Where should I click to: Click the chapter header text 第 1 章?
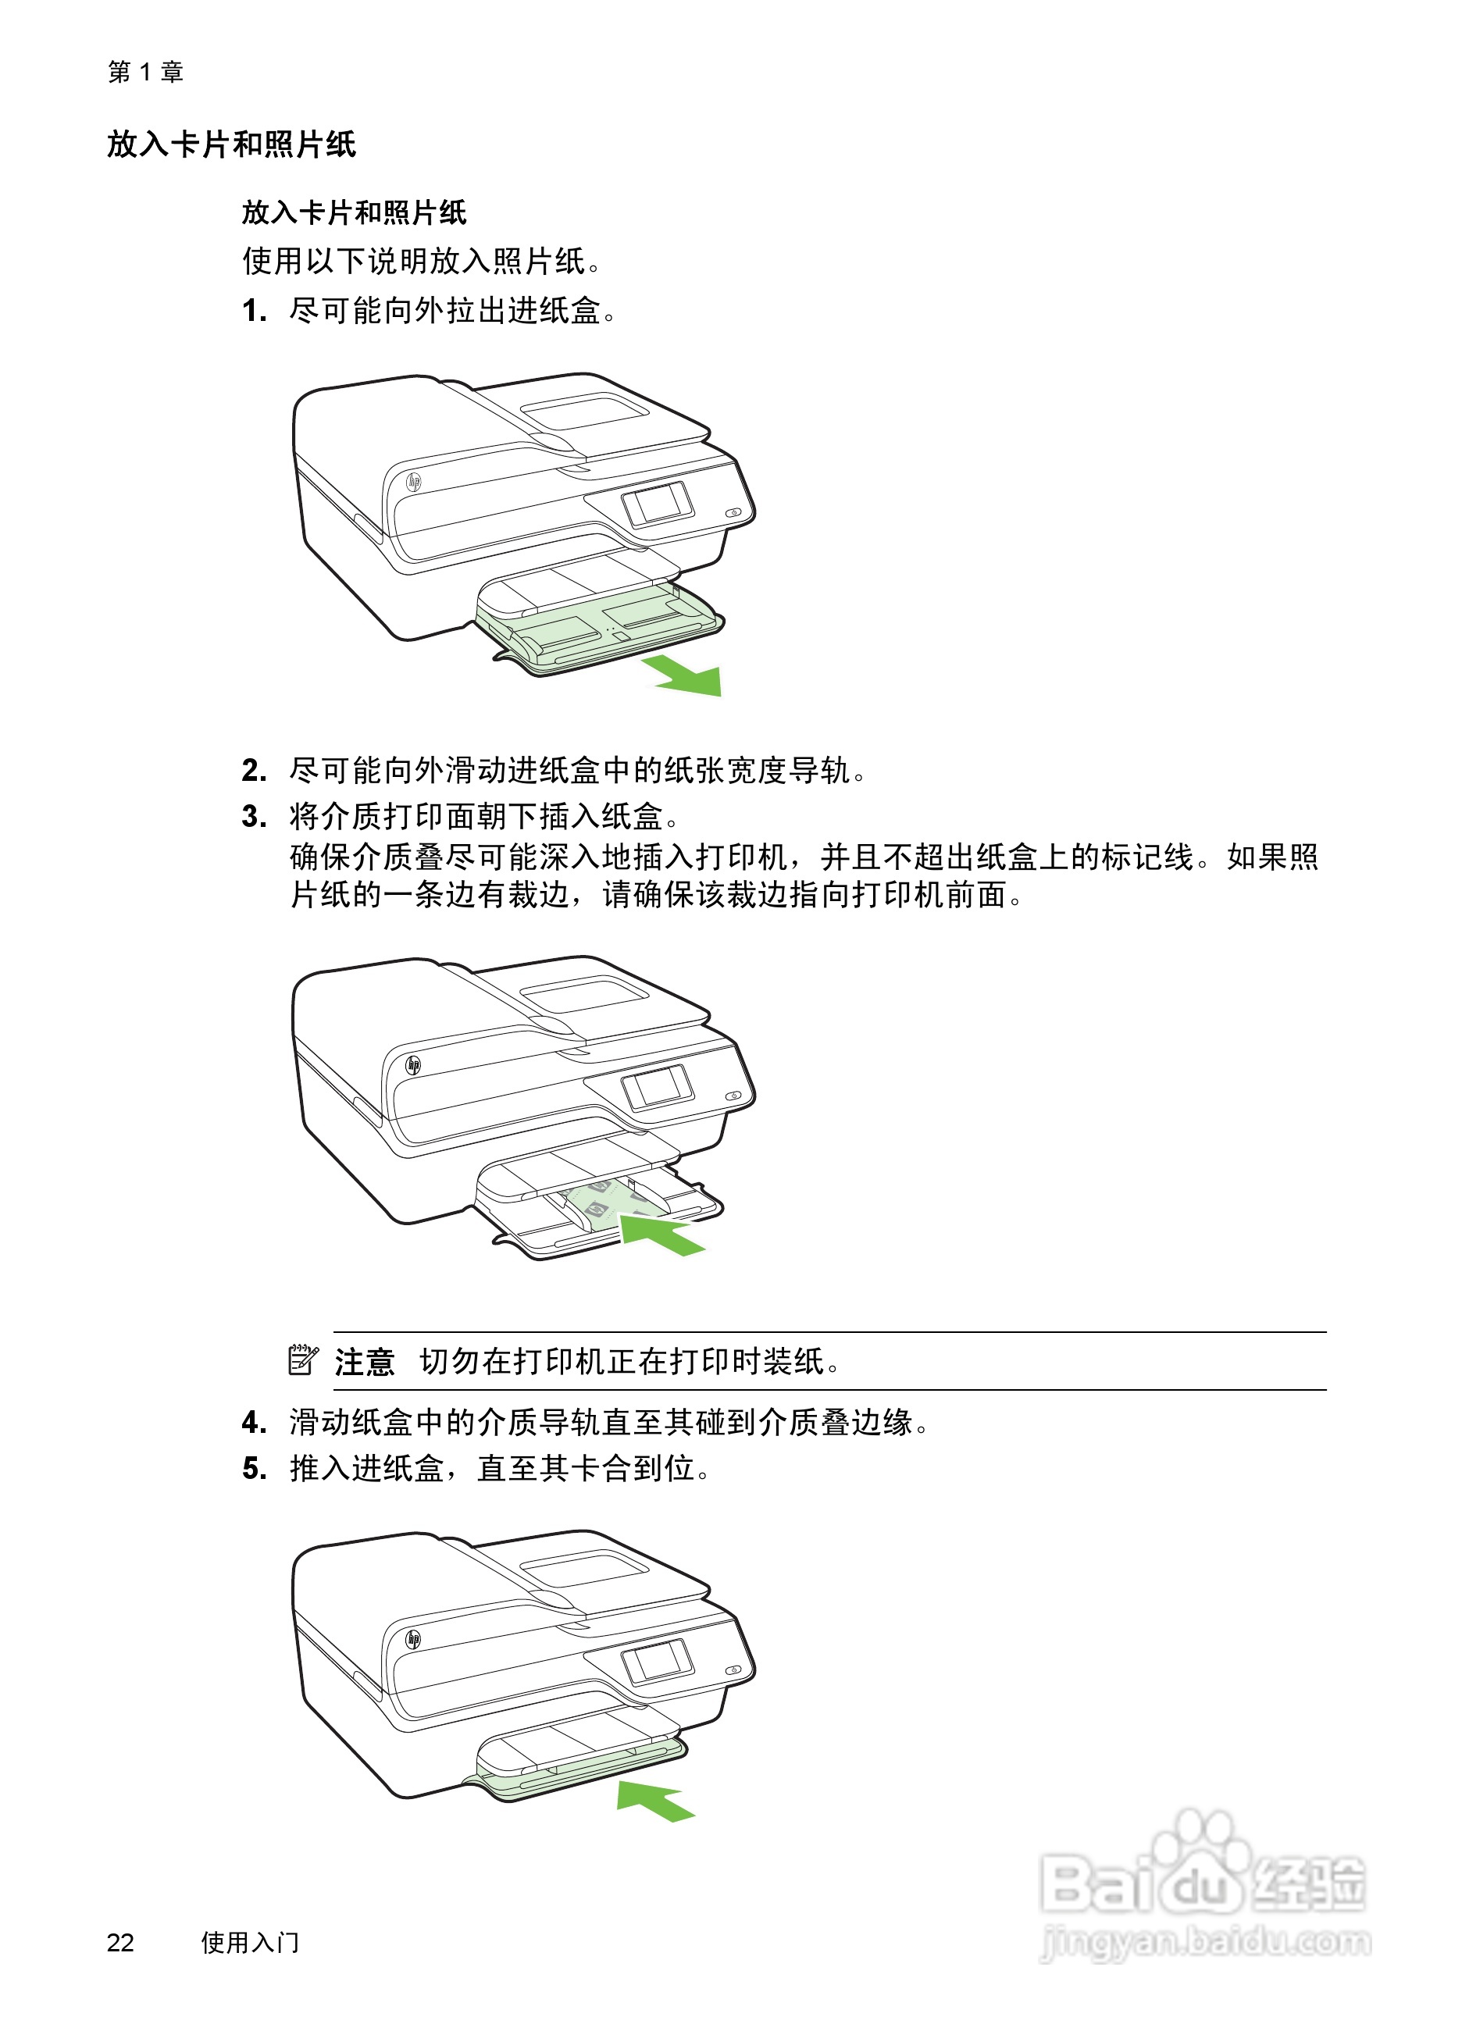[145, 71]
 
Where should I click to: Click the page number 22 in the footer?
[120, 1942]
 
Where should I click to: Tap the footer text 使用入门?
[250, 1942]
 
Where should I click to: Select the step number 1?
[254, 311]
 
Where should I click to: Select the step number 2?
[254, 770]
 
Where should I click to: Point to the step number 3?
[254, 817]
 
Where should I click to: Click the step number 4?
[254, 1422]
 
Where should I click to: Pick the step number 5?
[254, 1468]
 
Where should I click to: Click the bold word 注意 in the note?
[364, 1362]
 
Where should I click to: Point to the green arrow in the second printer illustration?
[661, 1235]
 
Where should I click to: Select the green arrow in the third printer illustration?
[654, 1799]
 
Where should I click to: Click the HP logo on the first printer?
[413, 483]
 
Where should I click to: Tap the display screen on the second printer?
[658, 1087]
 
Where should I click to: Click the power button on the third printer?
[733, 1669]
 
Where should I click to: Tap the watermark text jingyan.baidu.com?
[1205, 1942]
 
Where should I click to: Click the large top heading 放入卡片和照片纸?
[231, 144]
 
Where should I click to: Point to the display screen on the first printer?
[658, 504]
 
